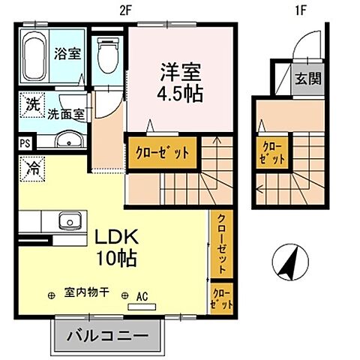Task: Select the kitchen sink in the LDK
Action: (71, 222)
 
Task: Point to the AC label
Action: (142, 295)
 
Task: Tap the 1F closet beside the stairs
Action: (272, 152)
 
